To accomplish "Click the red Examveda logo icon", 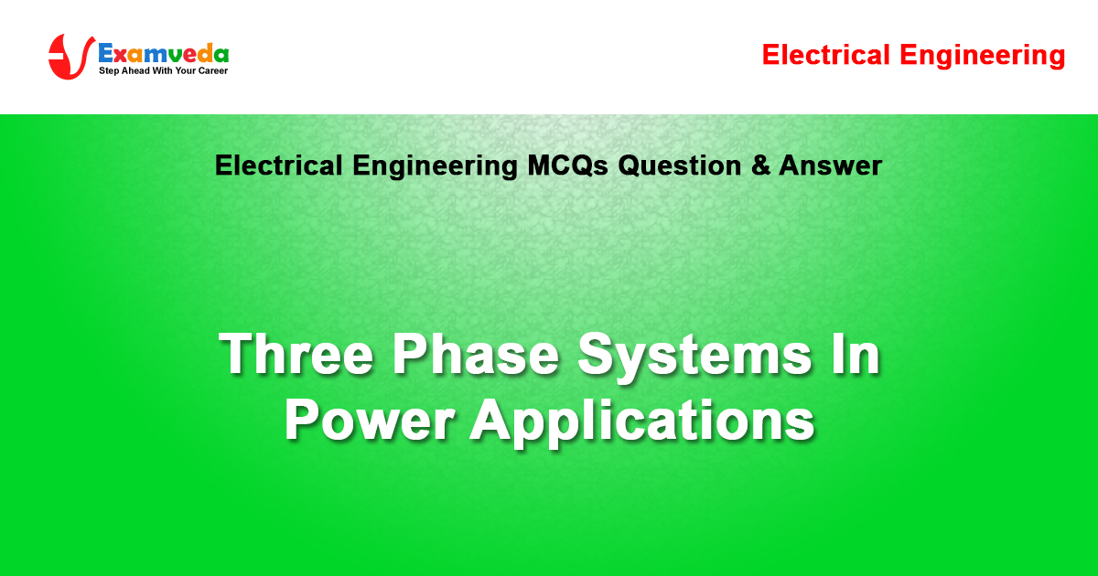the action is point(70,57).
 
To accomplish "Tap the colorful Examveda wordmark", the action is point(164,53).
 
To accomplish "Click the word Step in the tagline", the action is point(109,71).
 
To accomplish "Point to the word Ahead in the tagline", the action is point(135,70).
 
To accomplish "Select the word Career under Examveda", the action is point(212,70).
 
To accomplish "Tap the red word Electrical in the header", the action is point(826,55).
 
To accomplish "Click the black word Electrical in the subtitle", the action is point(278,165).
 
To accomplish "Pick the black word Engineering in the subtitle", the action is point(435,166).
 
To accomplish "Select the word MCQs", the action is point(567,165).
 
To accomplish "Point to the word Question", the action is point(679,165).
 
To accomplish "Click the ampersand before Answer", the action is point(760,165).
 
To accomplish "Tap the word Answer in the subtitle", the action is point(831,165).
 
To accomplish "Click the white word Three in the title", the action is point(296,354).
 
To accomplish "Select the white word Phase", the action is point(476,354).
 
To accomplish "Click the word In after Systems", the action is point(855,354).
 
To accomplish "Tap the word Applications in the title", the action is point(642,422).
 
